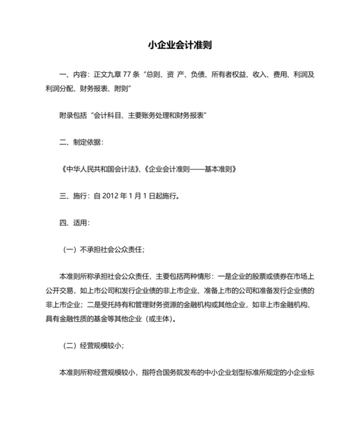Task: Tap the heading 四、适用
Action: (74, 223)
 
